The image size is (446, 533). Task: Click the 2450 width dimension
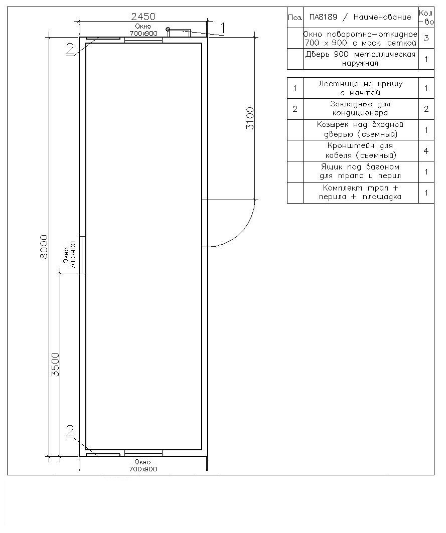pyautogui.click(x=143, y=17)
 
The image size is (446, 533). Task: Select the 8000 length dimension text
pyautogui.click(x=44, y=247)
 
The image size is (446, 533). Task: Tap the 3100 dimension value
pyautogui.click(x=250, y=118)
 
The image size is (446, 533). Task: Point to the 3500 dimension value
pyautogui.click(x=55, y=365)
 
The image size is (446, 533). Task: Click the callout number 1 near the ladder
pyautogui.click(x=223, y=29)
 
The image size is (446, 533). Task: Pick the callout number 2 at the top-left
pyautogui.click(x=70, y=49)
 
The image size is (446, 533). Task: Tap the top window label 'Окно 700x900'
pyautogui.click(x=143, y=30)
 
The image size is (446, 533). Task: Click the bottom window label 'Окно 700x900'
pyautogui.click(x=143, y=465)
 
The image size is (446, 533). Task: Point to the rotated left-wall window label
pyautogui.click(x=69, y=255)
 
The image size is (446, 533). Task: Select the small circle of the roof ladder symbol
pyautogui.click(x=168, y=29)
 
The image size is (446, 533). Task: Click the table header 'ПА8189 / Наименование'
pyautogui.click(x=361, y=17)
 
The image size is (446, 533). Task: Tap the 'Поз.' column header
pyautogui.click(x=295, y=17)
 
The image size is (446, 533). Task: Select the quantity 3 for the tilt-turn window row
pyautogui.click(x=426, y=38)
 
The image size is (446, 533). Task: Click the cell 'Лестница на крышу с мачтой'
pyautogui.click(x=361, y=88)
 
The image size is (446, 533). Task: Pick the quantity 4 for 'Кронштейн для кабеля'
pyautogui.click(x=426, y=151)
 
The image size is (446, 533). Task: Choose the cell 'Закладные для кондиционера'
pyautogui.click(x=361, y=108)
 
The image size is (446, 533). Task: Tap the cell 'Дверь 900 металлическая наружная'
pyautogui.click(x=361, y=59)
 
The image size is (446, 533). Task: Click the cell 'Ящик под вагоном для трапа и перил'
pyautogui.click(x=361, y=171)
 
